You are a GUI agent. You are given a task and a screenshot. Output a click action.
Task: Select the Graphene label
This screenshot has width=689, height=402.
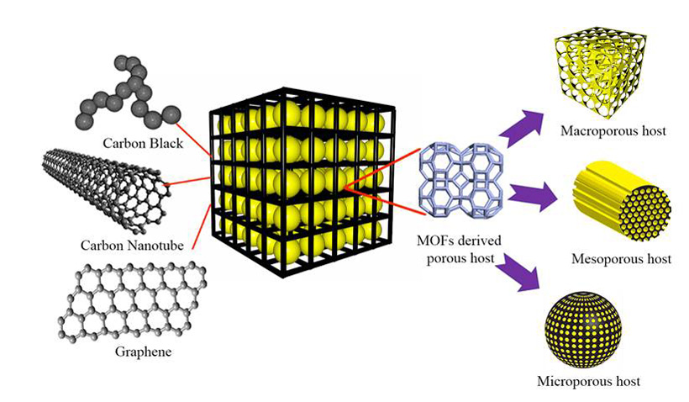(143, 351)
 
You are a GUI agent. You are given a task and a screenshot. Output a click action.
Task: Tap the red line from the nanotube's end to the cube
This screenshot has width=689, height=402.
(188, 181)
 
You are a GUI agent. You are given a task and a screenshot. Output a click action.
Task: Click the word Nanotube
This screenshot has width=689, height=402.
(153, 245)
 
